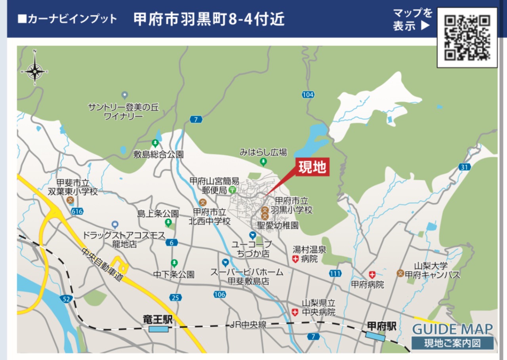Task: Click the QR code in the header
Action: click(467, 38)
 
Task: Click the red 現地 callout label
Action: click(312, 168)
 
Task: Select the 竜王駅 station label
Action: click(158, 319)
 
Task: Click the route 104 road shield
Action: click(308, 95)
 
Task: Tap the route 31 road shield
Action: click(465, 167)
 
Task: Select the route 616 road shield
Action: click(78, 211)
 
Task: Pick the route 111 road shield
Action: click(335, 274)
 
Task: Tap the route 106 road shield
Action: click(219, 294)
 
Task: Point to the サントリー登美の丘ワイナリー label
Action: click(123, 111)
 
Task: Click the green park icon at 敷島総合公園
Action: click(155, 143)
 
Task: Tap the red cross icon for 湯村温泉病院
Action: click(295, 259)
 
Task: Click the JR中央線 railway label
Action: click(248, 325)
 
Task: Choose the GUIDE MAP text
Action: click(453, 329)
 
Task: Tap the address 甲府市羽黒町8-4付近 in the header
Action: click(209, 19)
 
